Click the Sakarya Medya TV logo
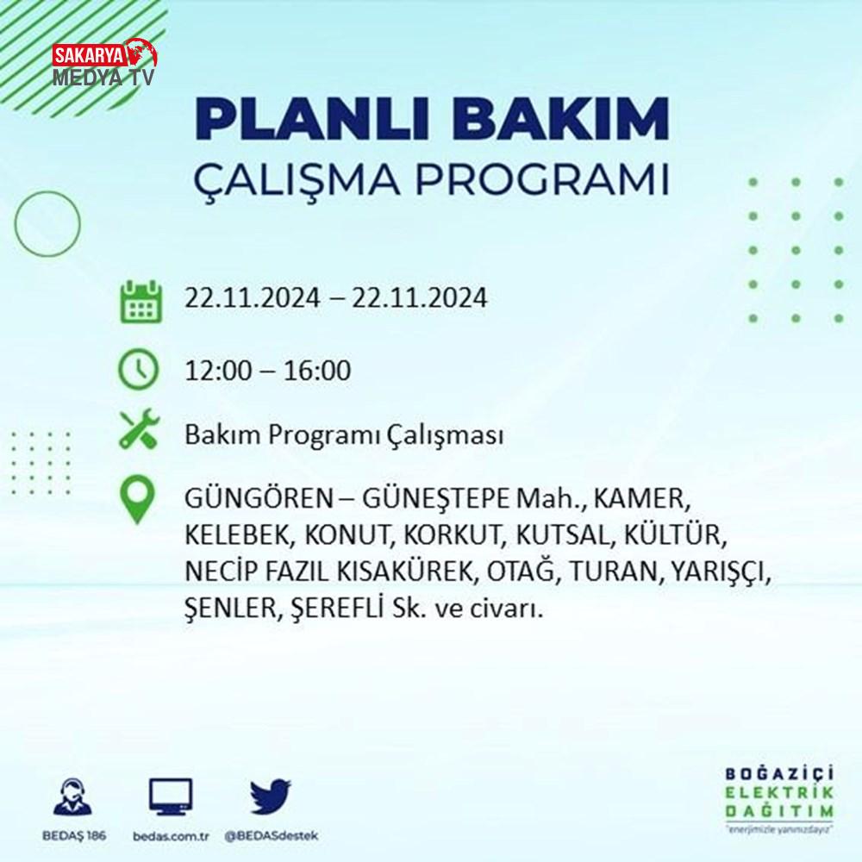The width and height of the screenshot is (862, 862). [104, 63]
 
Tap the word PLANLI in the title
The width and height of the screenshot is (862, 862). [312, 119]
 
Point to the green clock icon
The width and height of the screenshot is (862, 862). [139, 370]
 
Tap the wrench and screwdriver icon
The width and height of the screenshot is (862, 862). [140, 428]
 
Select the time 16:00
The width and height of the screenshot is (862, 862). [317, 370]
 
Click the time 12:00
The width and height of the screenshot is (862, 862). [218, 370]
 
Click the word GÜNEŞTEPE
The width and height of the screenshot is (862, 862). [435, 498]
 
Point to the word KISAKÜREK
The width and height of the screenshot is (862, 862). [404, 572]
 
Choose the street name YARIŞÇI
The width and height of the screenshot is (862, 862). [720, 572]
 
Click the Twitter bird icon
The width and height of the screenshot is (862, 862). [271, 796]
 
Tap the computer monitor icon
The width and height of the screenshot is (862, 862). [171, 796]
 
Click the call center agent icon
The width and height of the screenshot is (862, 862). [73, 796]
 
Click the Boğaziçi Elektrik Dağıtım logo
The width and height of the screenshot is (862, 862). [779, 800]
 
